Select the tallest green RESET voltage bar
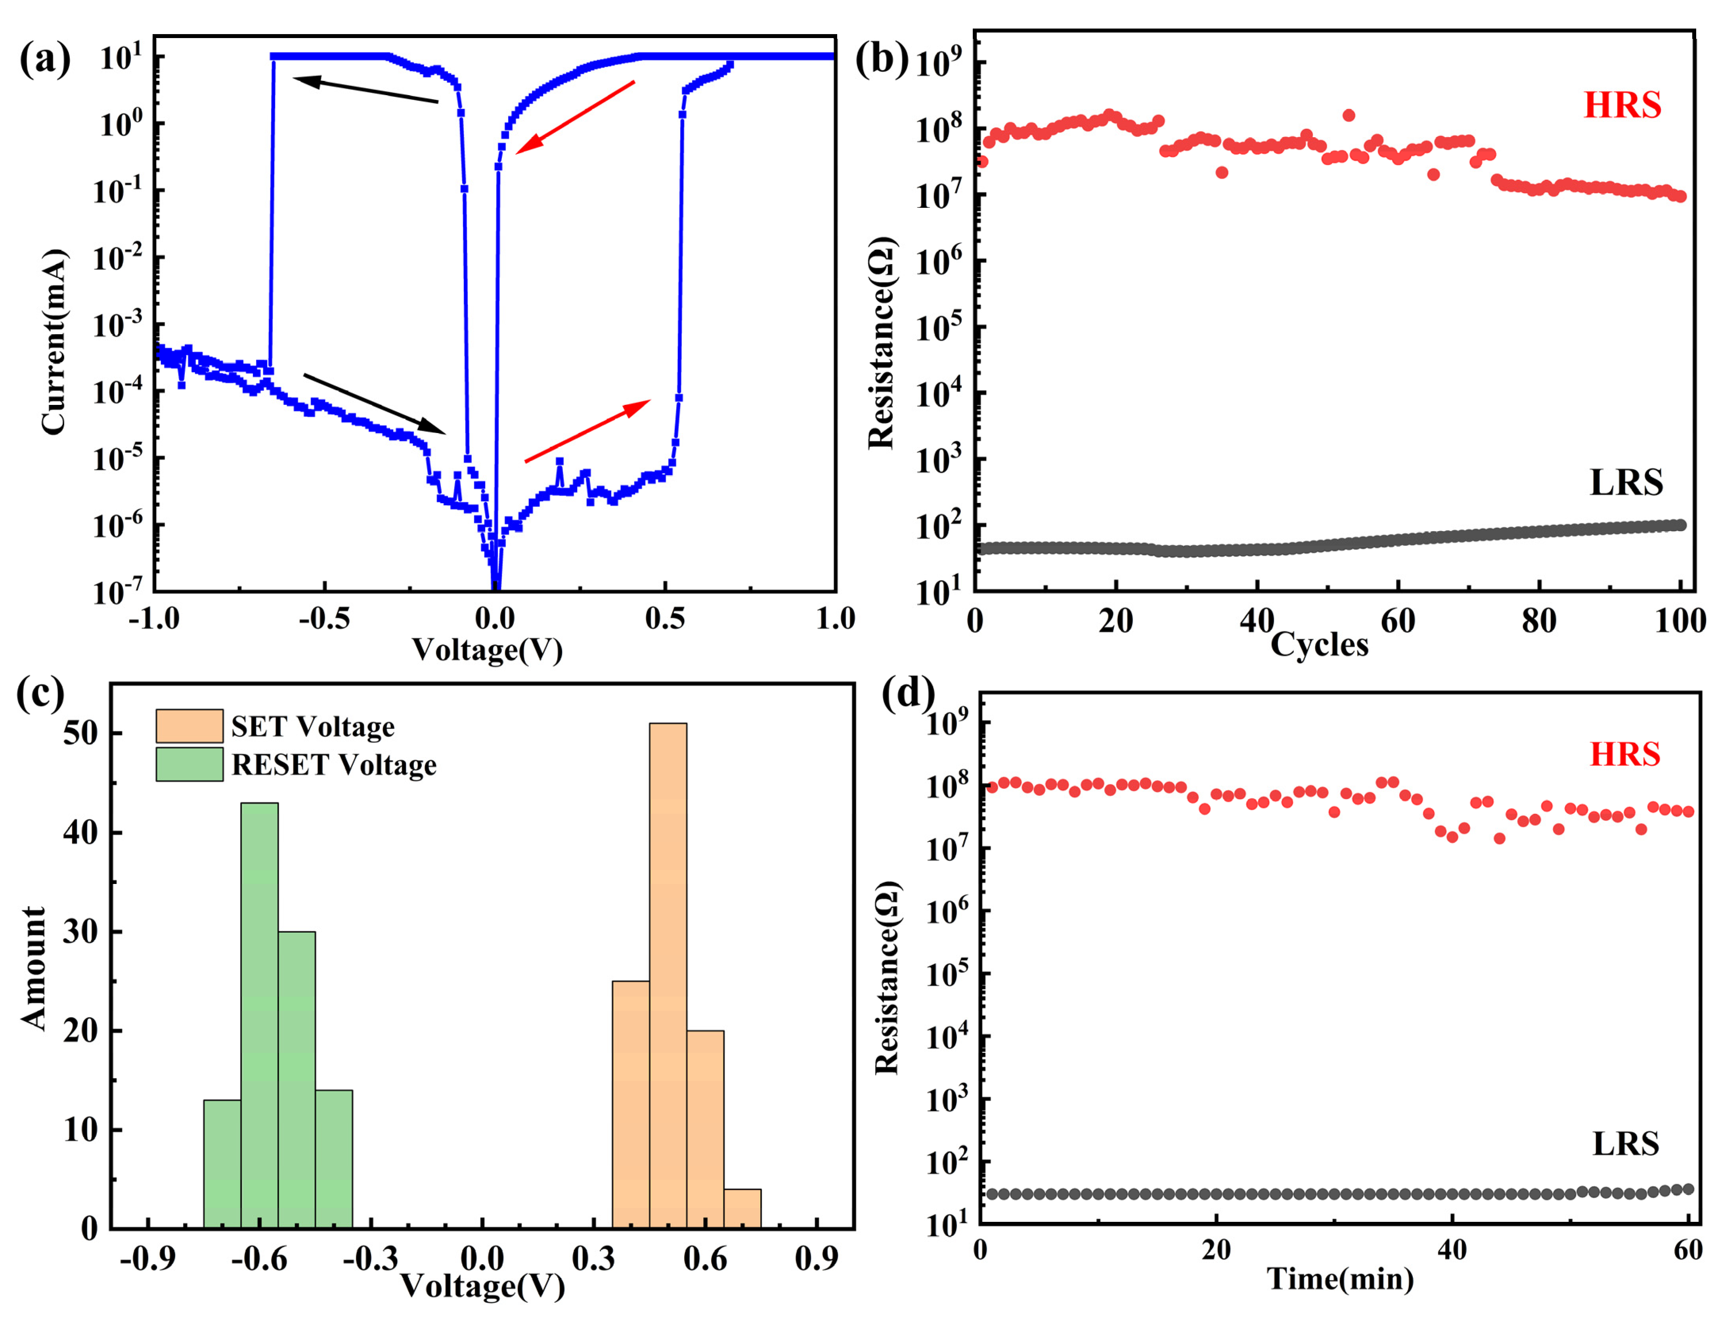pos(259,1013)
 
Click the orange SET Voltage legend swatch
pos(189,726)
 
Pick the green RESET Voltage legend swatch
pos(189,764)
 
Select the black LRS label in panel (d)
pos(1625,1144)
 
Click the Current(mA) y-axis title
pos(54,341)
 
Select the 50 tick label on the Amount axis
pos(81,733)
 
